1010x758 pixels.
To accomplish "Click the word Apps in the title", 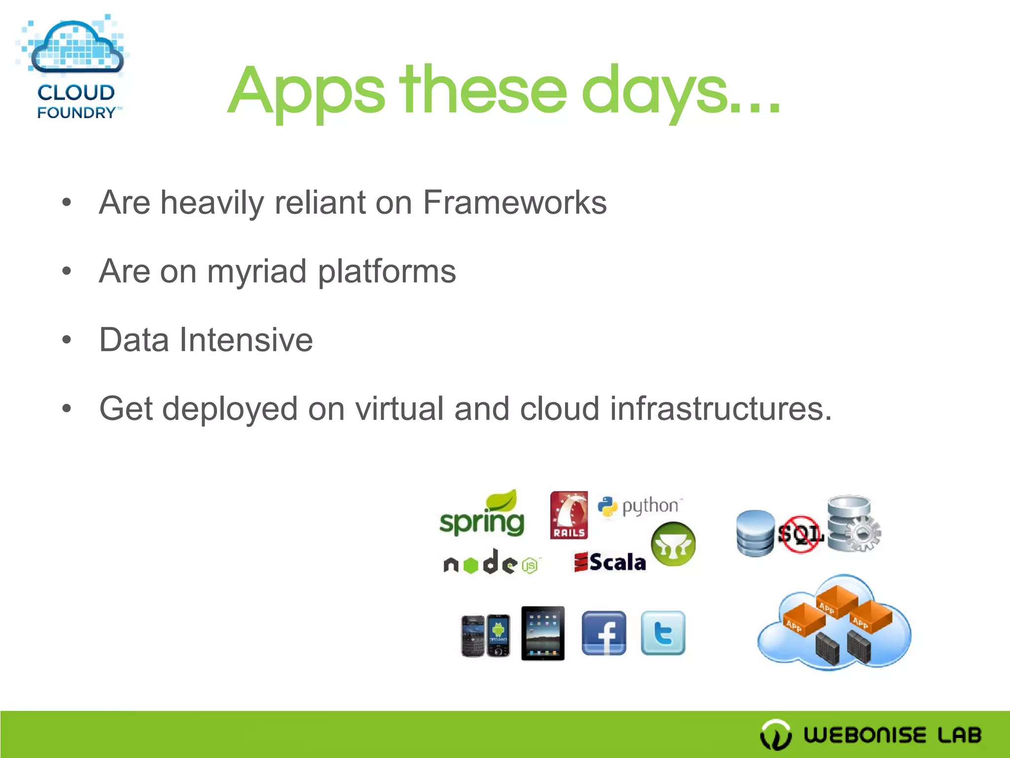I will pyautogui.click(x=306, y=91).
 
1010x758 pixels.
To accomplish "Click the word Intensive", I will pyautogui.click(x=246, y=340).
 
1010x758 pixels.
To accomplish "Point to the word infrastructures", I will pyautogui.click(x=721, y=409).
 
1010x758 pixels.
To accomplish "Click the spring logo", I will pyautogui.click(x=482, y=516).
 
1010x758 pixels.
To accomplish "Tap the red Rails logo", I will pyautogui.click(x=569, y=515).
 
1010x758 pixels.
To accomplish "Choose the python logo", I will pyautogui.click(x=640, y=506).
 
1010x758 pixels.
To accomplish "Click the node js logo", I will pyautogui.click(x=491, y=563).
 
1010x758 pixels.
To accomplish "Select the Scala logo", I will pyautogui.click(x=611, y=562).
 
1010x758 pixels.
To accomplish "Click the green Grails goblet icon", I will pyautogui.click(x=673, y=544).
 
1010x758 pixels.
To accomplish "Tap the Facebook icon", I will pyautogui.click(x=604, y=633).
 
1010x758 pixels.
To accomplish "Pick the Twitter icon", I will pyautogui.click(x=663, y=633).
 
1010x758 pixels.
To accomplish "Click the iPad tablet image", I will pyautogui.click(x=542, y=633).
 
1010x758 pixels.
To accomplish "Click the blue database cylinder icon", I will pyautogui.click(x=755, y=533).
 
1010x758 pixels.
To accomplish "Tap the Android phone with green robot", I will pyautogui.click(x=498, y=636).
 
